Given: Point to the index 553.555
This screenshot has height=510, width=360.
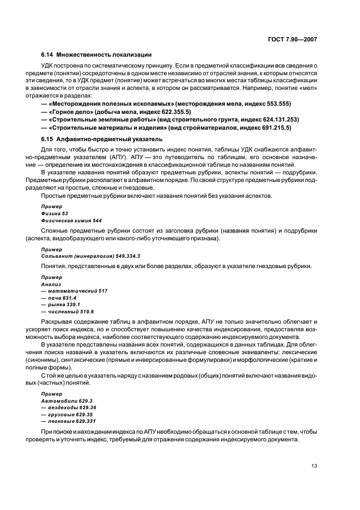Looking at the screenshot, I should pos(279,104).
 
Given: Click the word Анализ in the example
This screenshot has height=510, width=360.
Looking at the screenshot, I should pos(51,284).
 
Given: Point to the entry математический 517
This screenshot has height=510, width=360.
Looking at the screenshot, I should pos(74,291).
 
